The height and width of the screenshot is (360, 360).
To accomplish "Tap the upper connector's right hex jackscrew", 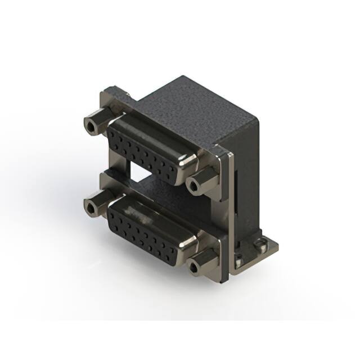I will click(202, 181).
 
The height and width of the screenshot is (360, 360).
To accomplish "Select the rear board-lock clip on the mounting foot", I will click(259, 245).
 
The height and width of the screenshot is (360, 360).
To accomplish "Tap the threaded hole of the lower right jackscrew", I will click(194, 265).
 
